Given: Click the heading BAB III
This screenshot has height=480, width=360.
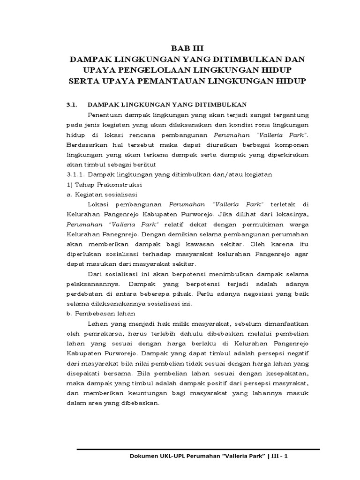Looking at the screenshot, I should point(187,48).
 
